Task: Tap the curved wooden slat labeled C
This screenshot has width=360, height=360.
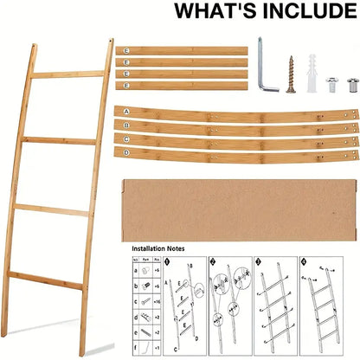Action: pos(234,139)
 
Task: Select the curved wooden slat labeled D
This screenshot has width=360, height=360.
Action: pos(234,152)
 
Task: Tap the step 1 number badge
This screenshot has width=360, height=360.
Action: pos(168,262)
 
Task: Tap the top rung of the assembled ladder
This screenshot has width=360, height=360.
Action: pos(64,75)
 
